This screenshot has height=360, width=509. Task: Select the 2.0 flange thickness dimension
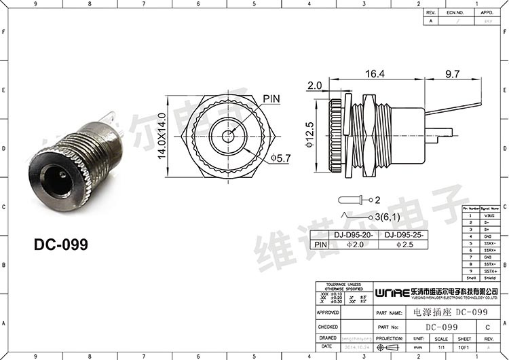pos(314,86)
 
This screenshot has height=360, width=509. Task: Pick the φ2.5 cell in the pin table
pos(406,245)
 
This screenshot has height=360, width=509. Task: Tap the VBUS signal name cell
pos(489,215)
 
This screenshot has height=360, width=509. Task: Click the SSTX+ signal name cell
pos(489,271)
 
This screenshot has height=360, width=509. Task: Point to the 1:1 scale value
pos(442,346)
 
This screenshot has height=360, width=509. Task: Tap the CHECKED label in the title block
pos(328,327)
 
